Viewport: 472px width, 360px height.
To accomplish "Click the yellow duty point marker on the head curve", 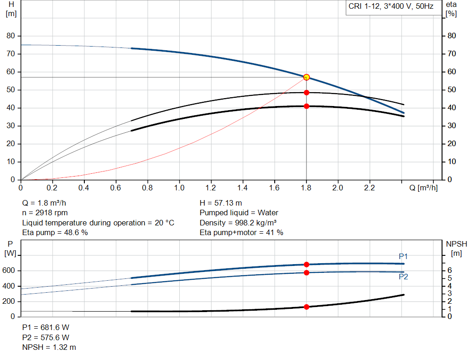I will [307, 77].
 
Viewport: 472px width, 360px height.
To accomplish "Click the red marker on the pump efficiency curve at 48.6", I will [307, 93].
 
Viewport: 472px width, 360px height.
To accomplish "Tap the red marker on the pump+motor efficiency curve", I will [307, 106].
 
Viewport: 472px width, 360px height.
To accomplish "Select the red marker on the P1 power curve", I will [307, 265].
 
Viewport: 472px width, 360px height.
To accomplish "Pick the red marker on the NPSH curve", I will [307, 307].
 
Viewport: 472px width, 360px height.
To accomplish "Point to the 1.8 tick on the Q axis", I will [307, 188].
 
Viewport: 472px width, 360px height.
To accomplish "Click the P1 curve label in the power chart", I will [403, 256].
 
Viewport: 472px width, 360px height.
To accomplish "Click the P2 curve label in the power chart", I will [403, 277].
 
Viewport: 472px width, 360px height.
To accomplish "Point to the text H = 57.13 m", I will [221, 203].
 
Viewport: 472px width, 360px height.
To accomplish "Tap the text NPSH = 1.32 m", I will [49, 347].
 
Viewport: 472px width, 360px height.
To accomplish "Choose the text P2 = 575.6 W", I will [46, 337].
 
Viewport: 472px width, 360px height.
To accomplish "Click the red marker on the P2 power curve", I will [307, 272].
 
